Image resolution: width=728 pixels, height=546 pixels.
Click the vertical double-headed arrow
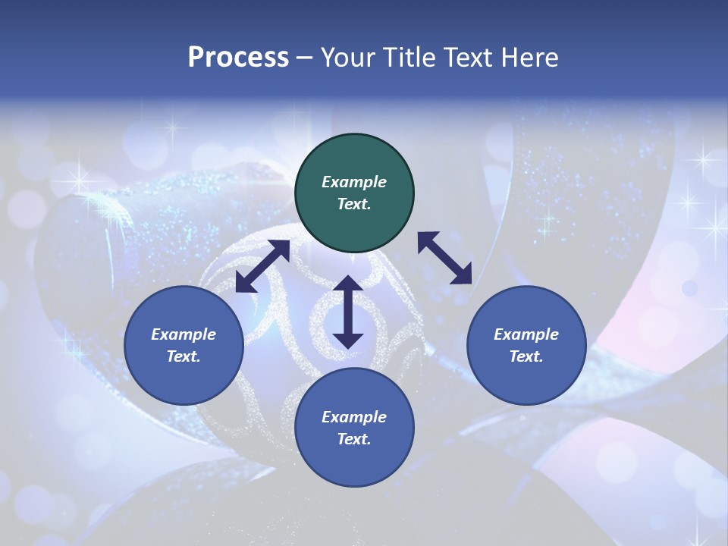[348, 312]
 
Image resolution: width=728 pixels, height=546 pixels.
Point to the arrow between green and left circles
[262, 266]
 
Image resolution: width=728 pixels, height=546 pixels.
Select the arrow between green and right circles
[444, 258]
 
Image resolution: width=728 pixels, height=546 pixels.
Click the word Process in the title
[238, 58]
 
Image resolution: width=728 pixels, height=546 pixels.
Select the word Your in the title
[346, 58]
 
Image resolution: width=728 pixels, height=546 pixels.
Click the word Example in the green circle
[354, 182]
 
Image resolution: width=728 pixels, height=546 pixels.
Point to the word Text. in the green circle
[354, 204]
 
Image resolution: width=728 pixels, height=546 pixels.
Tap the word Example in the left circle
[184, 334]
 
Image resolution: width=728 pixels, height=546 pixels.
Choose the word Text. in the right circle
[526, 356]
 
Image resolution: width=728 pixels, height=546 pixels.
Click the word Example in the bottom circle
[354, 417]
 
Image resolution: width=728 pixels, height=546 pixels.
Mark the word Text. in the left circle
[184, 356]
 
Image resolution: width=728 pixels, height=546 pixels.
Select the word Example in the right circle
[526, 334]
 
